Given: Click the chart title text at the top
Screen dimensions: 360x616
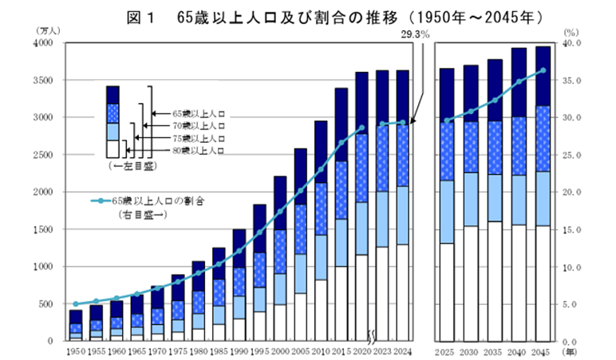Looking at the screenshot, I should [x=307, y=15].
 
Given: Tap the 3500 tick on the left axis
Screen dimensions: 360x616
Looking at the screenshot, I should [x=42, y=81].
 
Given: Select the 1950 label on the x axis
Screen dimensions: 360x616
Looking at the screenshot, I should [x=75, y=351].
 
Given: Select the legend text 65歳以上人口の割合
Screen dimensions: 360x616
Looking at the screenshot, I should [x=157, y=201].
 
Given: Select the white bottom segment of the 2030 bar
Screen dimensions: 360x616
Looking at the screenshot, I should [x=471, y=283].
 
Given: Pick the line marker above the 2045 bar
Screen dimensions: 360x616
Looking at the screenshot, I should [x=543, y=70].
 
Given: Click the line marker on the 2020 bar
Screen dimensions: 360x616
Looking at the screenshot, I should [x=361, y=128].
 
